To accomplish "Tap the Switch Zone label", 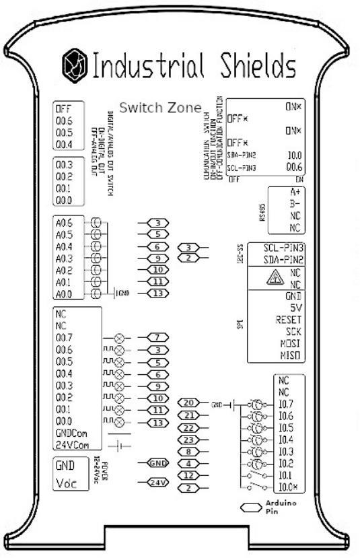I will [x=160, y=107].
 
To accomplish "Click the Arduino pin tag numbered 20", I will [x=189, y=403].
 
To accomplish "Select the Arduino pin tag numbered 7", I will [x=156, y=337].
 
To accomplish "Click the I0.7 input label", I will [x=286, y=404].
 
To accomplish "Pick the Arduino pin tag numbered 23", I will [x=189, y=440].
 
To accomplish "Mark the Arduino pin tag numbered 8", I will [x=189, y=451].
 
